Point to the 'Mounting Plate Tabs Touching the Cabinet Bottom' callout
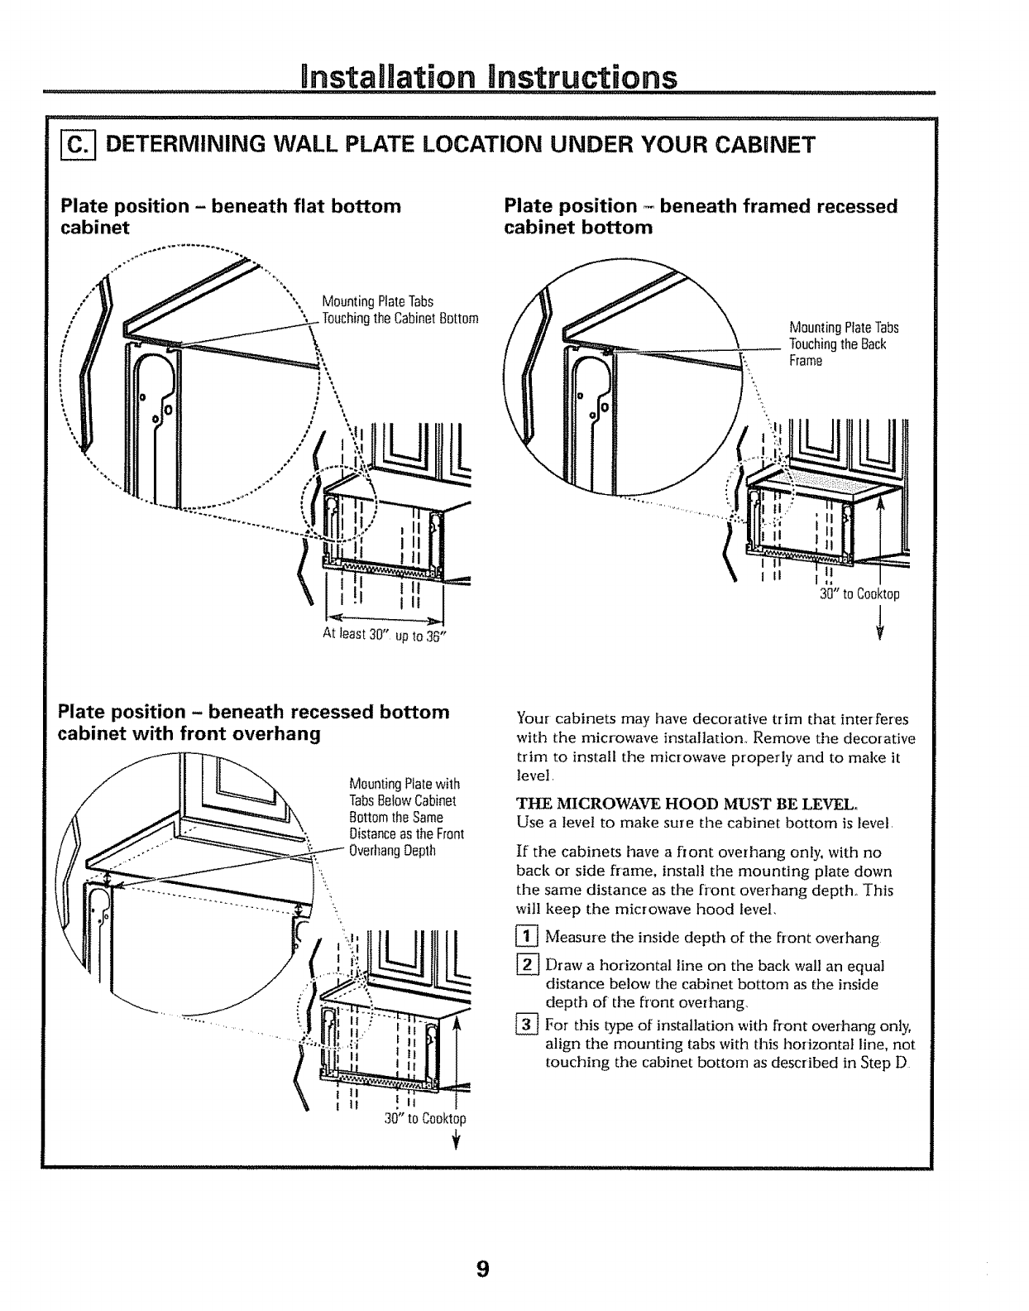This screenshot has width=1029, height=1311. (x=400, y=310)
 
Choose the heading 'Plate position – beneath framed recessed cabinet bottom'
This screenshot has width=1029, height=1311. (x=700, y=216)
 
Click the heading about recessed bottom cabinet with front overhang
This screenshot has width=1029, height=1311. (x=253, y=723)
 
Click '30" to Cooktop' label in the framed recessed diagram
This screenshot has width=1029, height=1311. (x=859, y=594)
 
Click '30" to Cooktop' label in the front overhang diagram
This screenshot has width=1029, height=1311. (x=425, y=1119)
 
